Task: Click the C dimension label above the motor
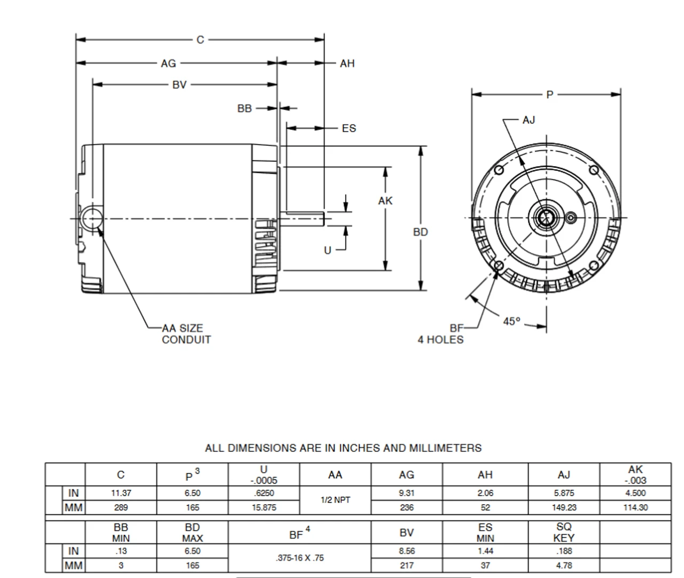point(200,40)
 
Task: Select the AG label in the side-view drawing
point(168,64)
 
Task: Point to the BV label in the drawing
point(180,85)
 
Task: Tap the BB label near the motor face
point(244,108)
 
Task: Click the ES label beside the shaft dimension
point(348,129)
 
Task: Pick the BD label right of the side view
point(421,232)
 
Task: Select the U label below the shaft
point(328,250)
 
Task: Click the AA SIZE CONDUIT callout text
point(186,334)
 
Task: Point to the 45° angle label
point(511,321)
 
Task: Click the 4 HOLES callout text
point(440,340)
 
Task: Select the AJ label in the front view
point(528,120)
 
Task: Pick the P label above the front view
point(550,95)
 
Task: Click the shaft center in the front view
point(546,218)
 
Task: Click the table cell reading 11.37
point(121,493)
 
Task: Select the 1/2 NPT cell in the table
point(335,501)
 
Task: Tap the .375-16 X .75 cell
point(300,558)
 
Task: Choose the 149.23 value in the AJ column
point(564,507)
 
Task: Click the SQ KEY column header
point(564,533)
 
